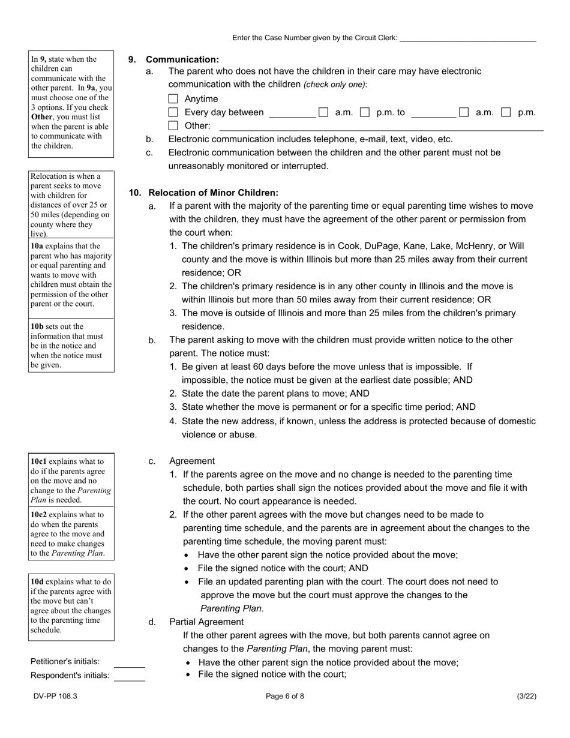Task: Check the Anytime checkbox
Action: coord(173,99)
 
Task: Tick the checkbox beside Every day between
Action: coord(173,112)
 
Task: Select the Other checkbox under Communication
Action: coord(173,126)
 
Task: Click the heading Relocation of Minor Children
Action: coord(213,193)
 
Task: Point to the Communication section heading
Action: coord(182,59)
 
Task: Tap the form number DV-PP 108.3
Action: coord(55,697)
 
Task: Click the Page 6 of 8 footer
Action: coord(285,697)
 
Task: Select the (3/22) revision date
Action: coord(526,697)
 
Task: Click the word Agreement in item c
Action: coord(192,461)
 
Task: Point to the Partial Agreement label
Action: coord(206,622)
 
